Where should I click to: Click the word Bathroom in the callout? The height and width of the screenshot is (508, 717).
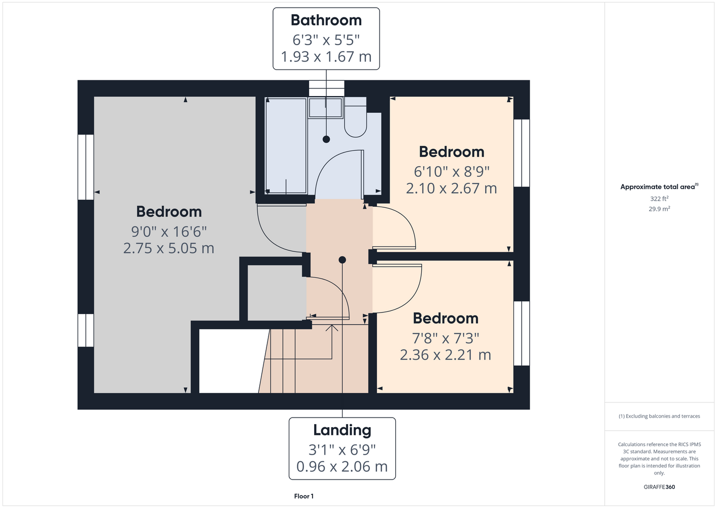click(326, 20)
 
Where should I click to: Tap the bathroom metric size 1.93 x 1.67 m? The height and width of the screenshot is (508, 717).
click(326, 57)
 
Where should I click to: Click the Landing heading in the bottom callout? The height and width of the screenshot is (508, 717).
click(342, 430)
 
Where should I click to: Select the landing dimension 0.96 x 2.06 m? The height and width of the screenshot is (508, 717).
click(342, 467)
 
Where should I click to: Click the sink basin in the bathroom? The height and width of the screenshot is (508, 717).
click(325, 108)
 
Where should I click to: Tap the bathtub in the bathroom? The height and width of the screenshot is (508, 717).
click(286, 146)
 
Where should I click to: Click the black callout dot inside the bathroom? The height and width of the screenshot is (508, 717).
click(326, 139)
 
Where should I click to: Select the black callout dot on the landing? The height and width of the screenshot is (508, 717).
click(342, 260)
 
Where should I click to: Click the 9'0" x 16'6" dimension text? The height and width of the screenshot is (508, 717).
click(169, 232)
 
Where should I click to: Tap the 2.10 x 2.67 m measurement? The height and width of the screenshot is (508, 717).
click(451, 188)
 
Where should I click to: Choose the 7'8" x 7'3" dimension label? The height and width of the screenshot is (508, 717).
click(446, 338)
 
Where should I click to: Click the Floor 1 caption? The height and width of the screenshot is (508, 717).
click(304, 496)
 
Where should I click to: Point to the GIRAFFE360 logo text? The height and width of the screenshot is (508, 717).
click(659, 487)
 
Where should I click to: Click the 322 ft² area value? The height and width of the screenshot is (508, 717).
click(659, 199)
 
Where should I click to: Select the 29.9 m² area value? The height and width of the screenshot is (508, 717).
click(659, 209)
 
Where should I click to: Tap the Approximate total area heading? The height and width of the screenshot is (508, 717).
click(659, 186)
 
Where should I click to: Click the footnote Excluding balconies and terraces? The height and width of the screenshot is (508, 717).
click(659, 416)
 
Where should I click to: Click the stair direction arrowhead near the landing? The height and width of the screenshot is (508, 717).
click(332, 328)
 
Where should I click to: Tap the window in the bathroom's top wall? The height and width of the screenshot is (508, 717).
click(326, 88)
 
